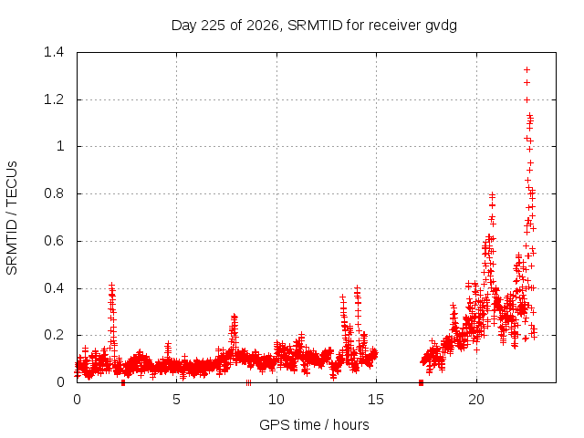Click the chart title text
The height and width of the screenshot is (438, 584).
314,26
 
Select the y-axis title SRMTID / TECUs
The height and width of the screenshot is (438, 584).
12,218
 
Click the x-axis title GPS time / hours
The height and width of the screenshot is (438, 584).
314,424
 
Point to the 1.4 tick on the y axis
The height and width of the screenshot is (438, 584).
54,52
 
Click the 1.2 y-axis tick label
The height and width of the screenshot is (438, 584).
54,99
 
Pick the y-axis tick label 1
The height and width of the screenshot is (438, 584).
60,146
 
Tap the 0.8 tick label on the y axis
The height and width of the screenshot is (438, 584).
54,193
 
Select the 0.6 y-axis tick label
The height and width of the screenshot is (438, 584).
54,241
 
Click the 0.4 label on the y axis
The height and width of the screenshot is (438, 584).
54,288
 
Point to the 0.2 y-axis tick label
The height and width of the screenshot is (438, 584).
54,335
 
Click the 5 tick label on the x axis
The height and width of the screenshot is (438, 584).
176,400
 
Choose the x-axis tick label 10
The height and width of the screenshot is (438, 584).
276,400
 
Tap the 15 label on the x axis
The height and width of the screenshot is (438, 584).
376,400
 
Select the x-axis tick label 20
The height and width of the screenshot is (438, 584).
476,400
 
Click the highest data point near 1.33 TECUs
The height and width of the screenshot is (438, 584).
527,69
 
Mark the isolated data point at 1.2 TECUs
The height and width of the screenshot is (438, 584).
527,99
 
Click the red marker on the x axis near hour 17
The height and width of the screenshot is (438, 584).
422,382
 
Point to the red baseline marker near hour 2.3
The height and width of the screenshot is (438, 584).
123,383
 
